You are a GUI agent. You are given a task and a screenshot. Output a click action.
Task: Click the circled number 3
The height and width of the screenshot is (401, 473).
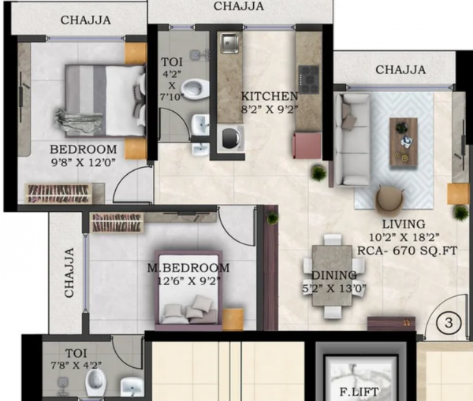(x=448, y=321)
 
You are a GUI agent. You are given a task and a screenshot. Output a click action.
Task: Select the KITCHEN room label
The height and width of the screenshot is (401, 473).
(x=270, y=96)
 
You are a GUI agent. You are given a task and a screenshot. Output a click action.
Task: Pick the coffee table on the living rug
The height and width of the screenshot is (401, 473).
(x=404, y=132)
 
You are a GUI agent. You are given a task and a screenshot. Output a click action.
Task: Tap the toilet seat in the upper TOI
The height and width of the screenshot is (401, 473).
(x=192, y=87)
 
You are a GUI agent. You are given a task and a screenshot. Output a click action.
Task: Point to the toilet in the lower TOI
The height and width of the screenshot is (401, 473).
(x=95, y=383)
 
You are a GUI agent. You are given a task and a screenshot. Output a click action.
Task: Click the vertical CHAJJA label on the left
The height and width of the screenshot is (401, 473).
(x=69, y=273)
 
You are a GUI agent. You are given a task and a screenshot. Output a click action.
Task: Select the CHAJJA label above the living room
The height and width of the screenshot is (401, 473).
(x=400, y=70)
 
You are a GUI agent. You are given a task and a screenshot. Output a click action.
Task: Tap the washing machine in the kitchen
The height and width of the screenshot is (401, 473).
(x=230, y=138)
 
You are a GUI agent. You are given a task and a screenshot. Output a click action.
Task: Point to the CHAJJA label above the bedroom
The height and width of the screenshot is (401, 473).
(x=85, y=20)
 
